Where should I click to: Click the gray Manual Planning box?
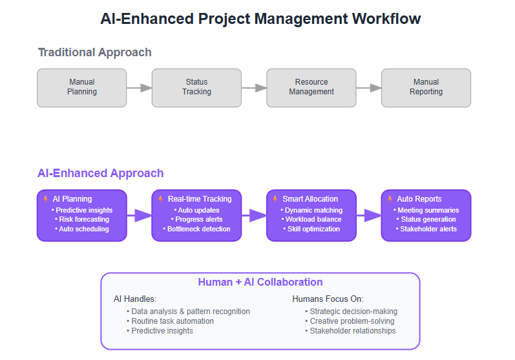point(82,88)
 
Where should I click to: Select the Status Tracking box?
point(196,88)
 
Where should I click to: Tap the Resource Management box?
point(311,88)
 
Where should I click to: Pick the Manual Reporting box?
point(426,88)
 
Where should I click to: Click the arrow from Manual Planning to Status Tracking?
point(140,88)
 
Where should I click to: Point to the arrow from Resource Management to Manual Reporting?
point(369,88)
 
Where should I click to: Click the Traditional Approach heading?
point(94,52)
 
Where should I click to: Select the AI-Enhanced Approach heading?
point(101,173)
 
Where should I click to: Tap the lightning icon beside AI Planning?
point(46,198)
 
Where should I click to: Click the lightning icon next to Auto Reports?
point(390,198)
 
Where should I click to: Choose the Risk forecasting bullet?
point(82,219)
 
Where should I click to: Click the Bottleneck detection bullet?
point(196,229)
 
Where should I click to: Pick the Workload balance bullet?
point(311,219)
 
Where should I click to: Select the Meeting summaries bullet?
point(426,210)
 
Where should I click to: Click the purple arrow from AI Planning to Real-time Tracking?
point(140,215)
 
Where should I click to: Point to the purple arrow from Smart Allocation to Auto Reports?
point(369,215)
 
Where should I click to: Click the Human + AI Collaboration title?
point(260,282)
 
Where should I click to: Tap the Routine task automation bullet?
point(170,321)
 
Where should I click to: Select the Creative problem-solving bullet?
point(350,321)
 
